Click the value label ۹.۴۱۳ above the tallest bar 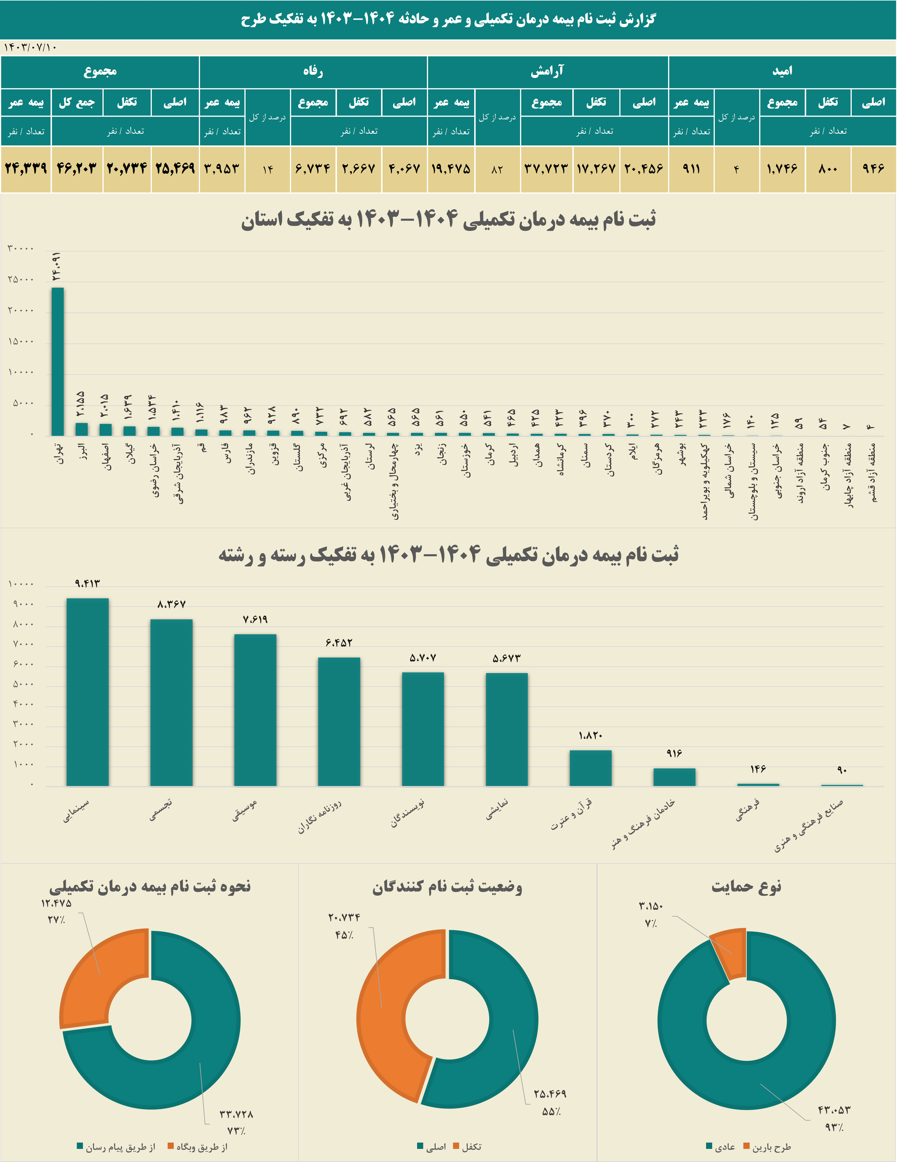pyautogui.click(x=87, y=584)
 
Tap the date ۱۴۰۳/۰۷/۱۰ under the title pyautogui.click(x=30, y=47)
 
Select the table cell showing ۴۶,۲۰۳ pyautogui.click(x=77, y=169)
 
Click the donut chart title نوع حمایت pyautogui.click(x=747, y=887)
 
